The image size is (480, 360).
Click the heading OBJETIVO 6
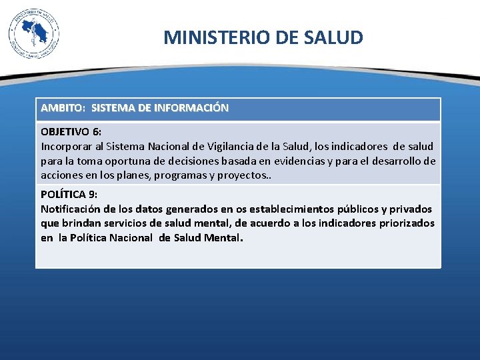[x=71, y=132]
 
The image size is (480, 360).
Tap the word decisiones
[x=176, y=161]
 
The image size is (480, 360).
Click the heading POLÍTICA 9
[x=69, y=195]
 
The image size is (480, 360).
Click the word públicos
[x=355, y=209]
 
